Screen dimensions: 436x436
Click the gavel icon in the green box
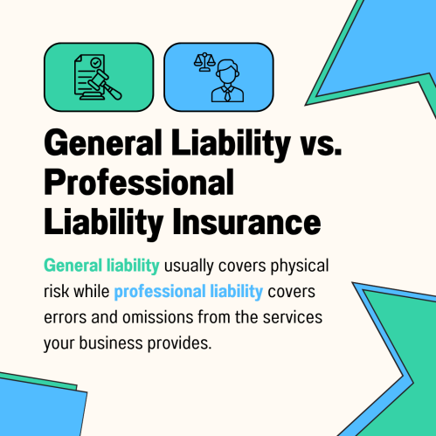click(104, 85)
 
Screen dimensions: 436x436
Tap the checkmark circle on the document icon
click(95, 62)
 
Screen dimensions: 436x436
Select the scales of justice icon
click(204, 62)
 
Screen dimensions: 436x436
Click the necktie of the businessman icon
click(227, 93)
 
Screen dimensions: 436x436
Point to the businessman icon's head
click(227, 72)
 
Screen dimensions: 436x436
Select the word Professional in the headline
click(139, 183)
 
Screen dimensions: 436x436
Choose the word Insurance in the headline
click(246, 222)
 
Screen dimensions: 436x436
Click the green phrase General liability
click(101, 266)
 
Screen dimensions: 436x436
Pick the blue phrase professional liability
click(189, 292)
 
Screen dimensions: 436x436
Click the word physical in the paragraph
click(300, 266)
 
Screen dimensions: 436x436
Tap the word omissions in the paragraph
click(157, 317)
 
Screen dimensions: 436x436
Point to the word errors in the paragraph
click(65, 318)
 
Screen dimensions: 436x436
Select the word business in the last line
click(111, 343)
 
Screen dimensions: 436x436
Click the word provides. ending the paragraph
click(179, 343)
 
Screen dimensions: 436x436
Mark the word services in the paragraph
click(293, 317)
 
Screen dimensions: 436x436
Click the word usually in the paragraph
click(189, 266)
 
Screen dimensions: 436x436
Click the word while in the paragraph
click(92, 291)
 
